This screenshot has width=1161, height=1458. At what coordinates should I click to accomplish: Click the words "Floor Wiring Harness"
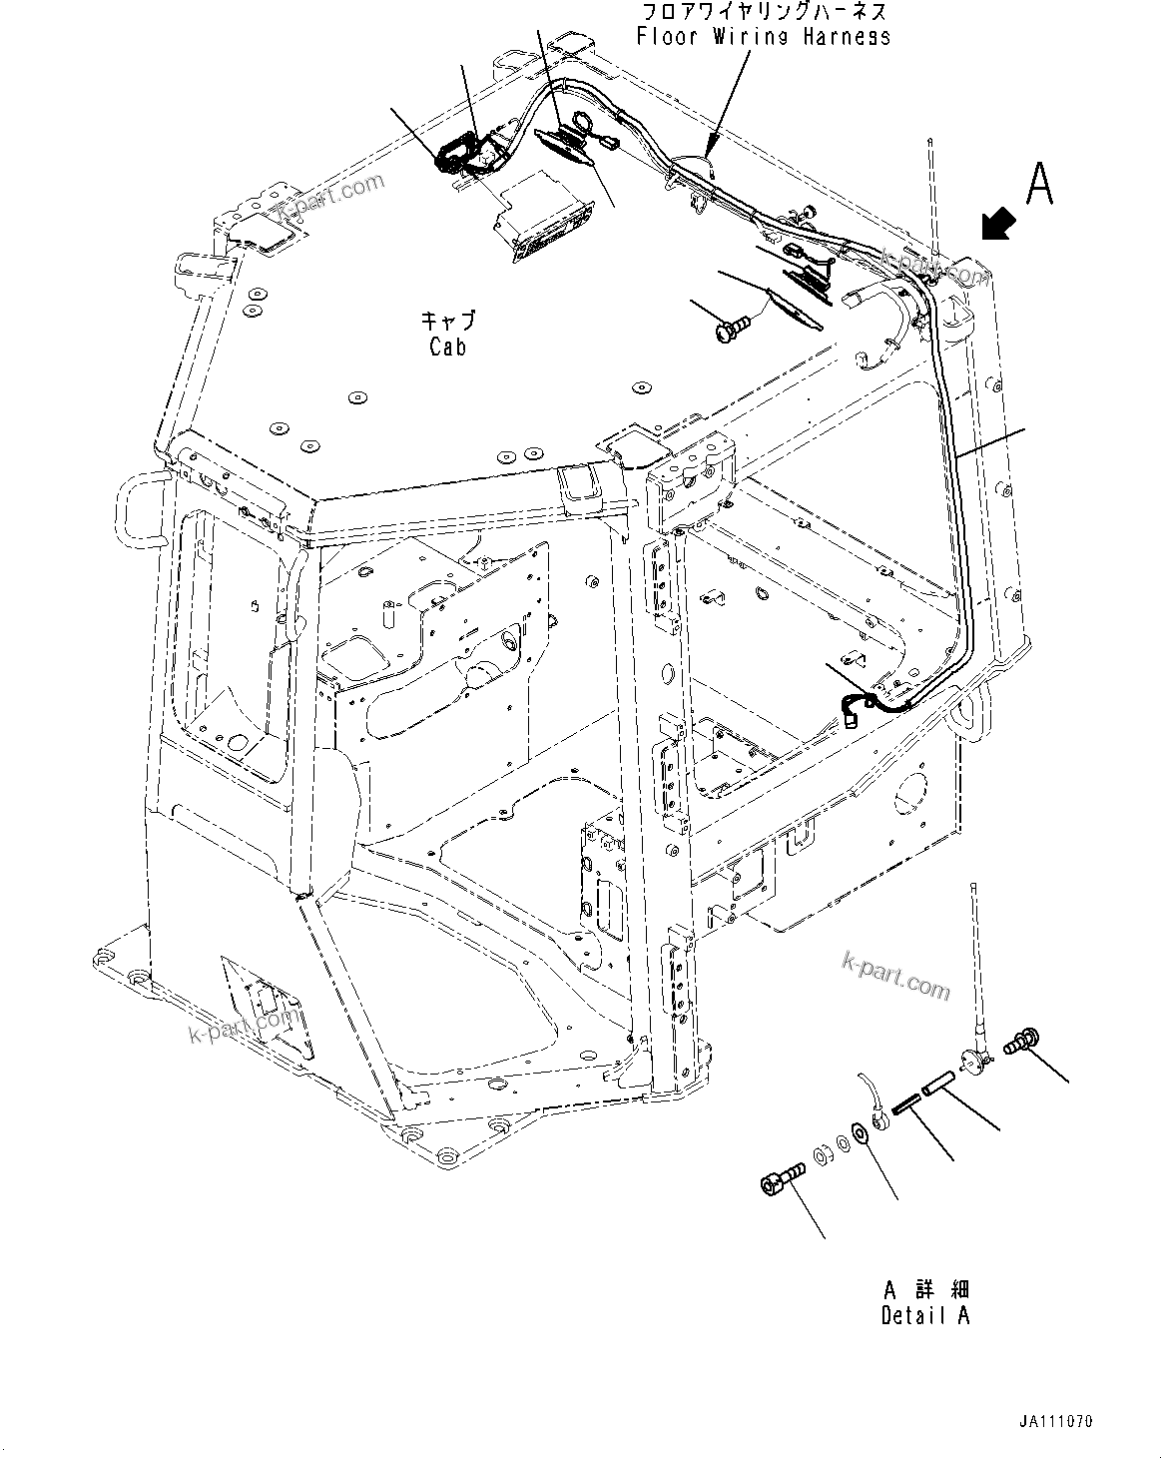point(764,37)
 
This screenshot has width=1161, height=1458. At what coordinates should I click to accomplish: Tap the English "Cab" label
point(447,347)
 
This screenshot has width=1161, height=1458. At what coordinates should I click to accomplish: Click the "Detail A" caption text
point(924,1316)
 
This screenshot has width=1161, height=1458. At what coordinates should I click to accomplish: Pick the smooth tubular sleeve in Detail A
point(935,1085)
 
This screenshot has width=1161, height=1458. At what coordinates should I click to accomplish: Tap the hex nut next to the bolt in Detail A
point(825,1155)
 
